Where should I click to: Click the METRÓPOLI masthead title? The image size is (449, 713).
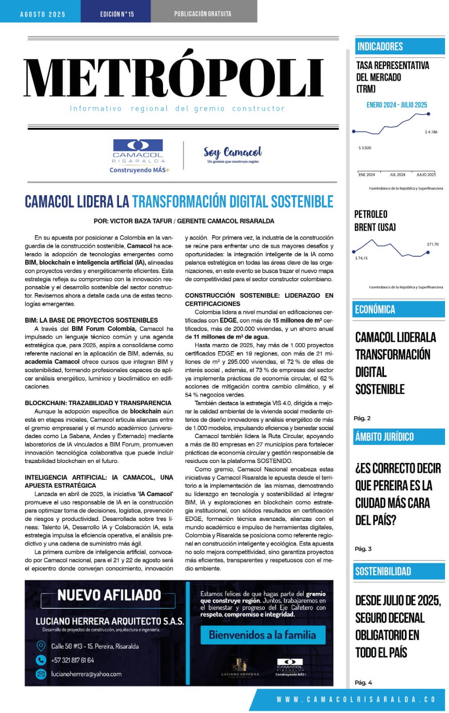coord(174,79)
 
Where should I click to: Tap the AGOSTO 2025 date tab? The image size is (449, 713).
coord(43,14)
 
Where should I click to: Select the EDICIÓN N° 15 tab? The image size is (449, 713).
coord(117,14)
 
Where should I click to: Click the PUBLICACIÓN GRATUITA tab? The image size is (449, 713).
coord(203,14)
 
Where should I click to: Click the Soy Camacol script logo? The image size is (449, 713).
coord(233,154)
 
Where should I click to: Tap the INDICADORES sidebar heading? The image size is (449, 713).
coord(380,46)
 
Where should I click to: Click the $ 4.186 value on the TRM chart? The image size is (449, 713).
coord(431,132)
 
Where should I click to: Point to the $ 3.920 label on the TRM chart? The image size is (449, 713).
coord(365,148)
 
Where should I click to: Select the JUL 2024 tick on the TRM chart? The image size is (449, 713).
coord(397,175)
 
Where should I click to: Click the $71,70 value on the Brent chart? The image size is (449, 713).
coord(433,244)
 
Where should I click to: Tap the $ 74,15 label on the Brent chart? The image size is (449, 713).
coord(361,258)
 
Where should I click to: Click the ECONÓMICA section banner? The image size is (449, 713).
coord(375,309)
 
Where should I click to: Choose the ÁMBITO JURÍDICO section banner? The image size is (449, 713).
coord(384,437)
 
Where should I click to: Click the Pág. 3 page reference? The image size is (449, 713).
coord(363,549)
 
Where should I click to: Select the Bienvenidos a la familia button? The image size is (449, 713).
coord(262,635)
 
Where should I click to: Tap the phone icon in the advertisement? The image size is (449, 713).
coord(41,660)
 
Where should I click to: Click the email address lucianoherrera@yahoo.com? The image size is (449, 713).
coord(86,674)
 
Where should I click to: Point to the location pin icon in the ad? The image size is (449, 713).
coord(41,646)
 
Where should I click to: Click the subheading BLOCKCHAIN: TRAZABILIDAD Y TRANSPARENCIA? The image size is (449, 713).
coord(98,403)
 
